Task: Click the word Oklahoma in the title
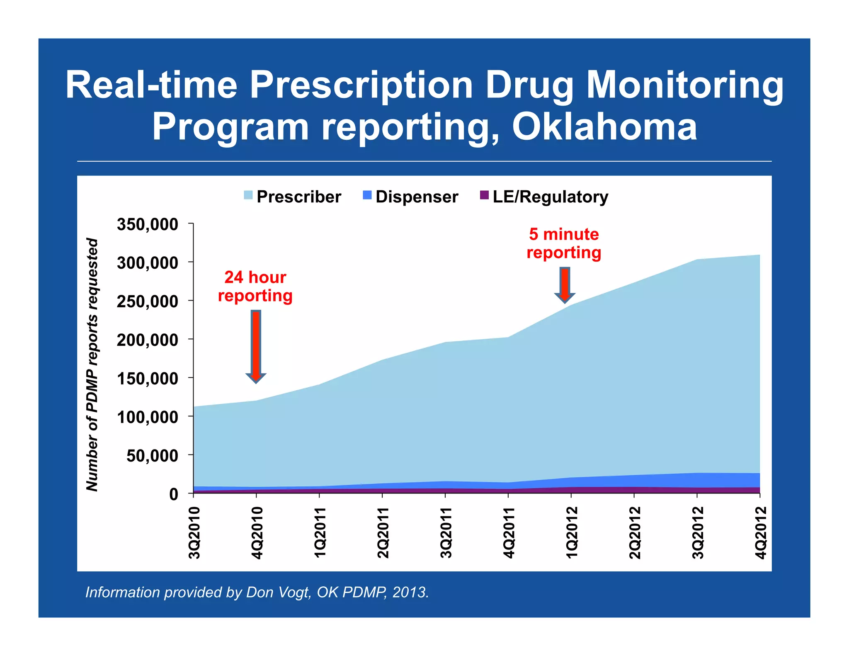(604, 127)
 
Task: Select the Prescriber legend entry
(293, 197)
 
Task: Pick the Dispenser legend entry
(410, 197)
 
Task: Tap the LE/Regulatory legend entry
(544, 197)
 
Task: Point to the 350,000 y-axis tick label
(148, 224)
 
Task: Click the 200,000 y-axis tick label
(148, 340)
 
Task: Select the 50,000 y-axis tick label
(152, 456)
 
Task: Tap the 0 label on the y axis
(173, 494)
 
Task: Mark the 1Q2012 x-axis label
(572, 533)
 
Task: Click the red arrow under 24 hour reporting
(256, 347)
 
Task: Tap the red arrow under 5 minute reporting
(565, 285)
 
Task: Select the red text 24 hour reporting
(255, 287)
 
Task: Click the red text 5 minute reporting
(564, 243)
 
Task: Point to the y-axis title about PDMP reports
(92, 365)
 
